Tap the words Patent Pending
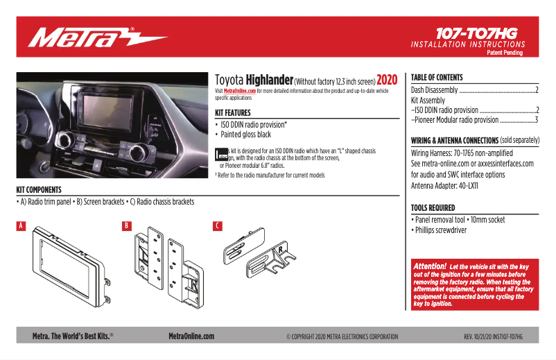point(505,53)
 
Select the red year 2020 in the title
point(387,80)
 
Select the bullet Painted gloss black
point(245,135)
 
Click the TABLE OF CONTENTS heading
point(437,78)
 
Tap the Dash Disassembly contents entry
point(435,90)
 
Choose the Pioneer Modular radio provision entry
point(455,120)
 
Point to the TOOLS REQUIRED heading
point(433,207)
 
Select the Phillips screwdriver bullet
point(442,230)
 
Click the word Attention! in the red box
point(430,266)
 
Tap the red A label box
point(21,226)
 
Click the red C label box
point(218,226)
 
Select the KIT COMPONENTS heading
point(39,189)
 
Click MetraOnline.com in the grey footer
point(191,336)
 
